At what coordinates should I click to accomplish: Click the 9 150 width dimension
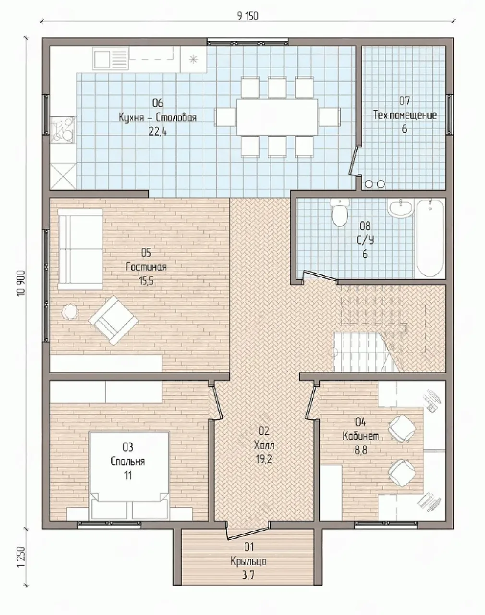tap(247, 16)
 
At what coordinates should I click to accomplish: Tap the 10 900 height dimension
tap(22, 283)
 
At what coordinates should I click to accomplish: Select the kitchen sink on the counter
tap(110, 59)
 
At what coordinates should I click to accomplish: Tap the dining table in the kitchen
tap(277, 117)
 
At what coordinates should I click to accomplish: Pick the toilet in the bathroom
tap(339, 212)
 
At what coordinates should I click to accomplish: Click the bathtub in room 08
tap(430, 238)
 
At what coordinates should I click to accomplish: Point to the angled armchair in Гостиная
tap(113, 320)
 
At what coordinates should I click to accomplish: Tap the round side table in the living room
tap(70, 311)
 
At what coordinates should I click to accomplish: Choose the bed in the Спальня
tap(129, 475)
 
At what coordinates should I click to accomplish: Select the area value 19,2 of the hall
tap(264, 459)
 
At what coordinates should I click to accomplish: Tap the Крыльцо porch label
tap(249, 561)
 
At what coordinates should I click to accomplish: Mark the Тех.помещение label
tap(405, 115)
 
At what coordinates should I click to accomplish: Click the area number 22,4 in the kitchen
tap(158, 132)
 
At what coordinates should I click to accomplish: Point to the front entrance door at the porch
tap(248, 531)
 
